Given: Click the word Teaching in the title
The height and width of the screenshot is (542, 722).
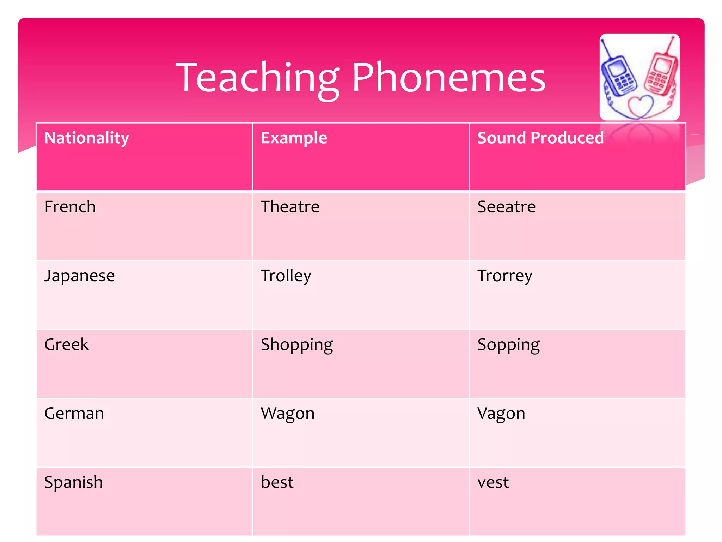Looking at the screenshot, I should tap(257, 78).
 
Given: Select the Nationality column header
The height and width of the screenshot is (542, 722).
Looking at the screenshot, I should tap(87, 138).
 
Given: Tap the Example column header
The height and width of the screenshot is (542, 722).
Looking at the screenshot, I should tap(294, 138).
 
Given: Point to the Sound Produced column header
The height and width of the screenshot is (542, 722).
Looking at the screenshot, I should tap(540, 138).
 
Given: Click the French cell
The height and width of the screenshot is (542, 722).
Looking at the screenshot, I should tap(70, 207).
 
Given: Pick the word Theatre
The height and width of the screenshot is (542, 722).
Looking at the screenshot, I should tap(290, 207).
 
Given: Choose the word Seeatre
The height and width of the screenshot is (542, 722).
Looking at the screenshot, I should tap(506, 207).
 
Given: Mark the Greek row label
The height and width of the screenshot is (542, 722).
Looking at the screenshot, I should tap(67, 344).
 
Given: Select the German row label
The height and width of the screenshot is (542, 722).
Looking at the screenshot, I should tap(74, 413).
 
